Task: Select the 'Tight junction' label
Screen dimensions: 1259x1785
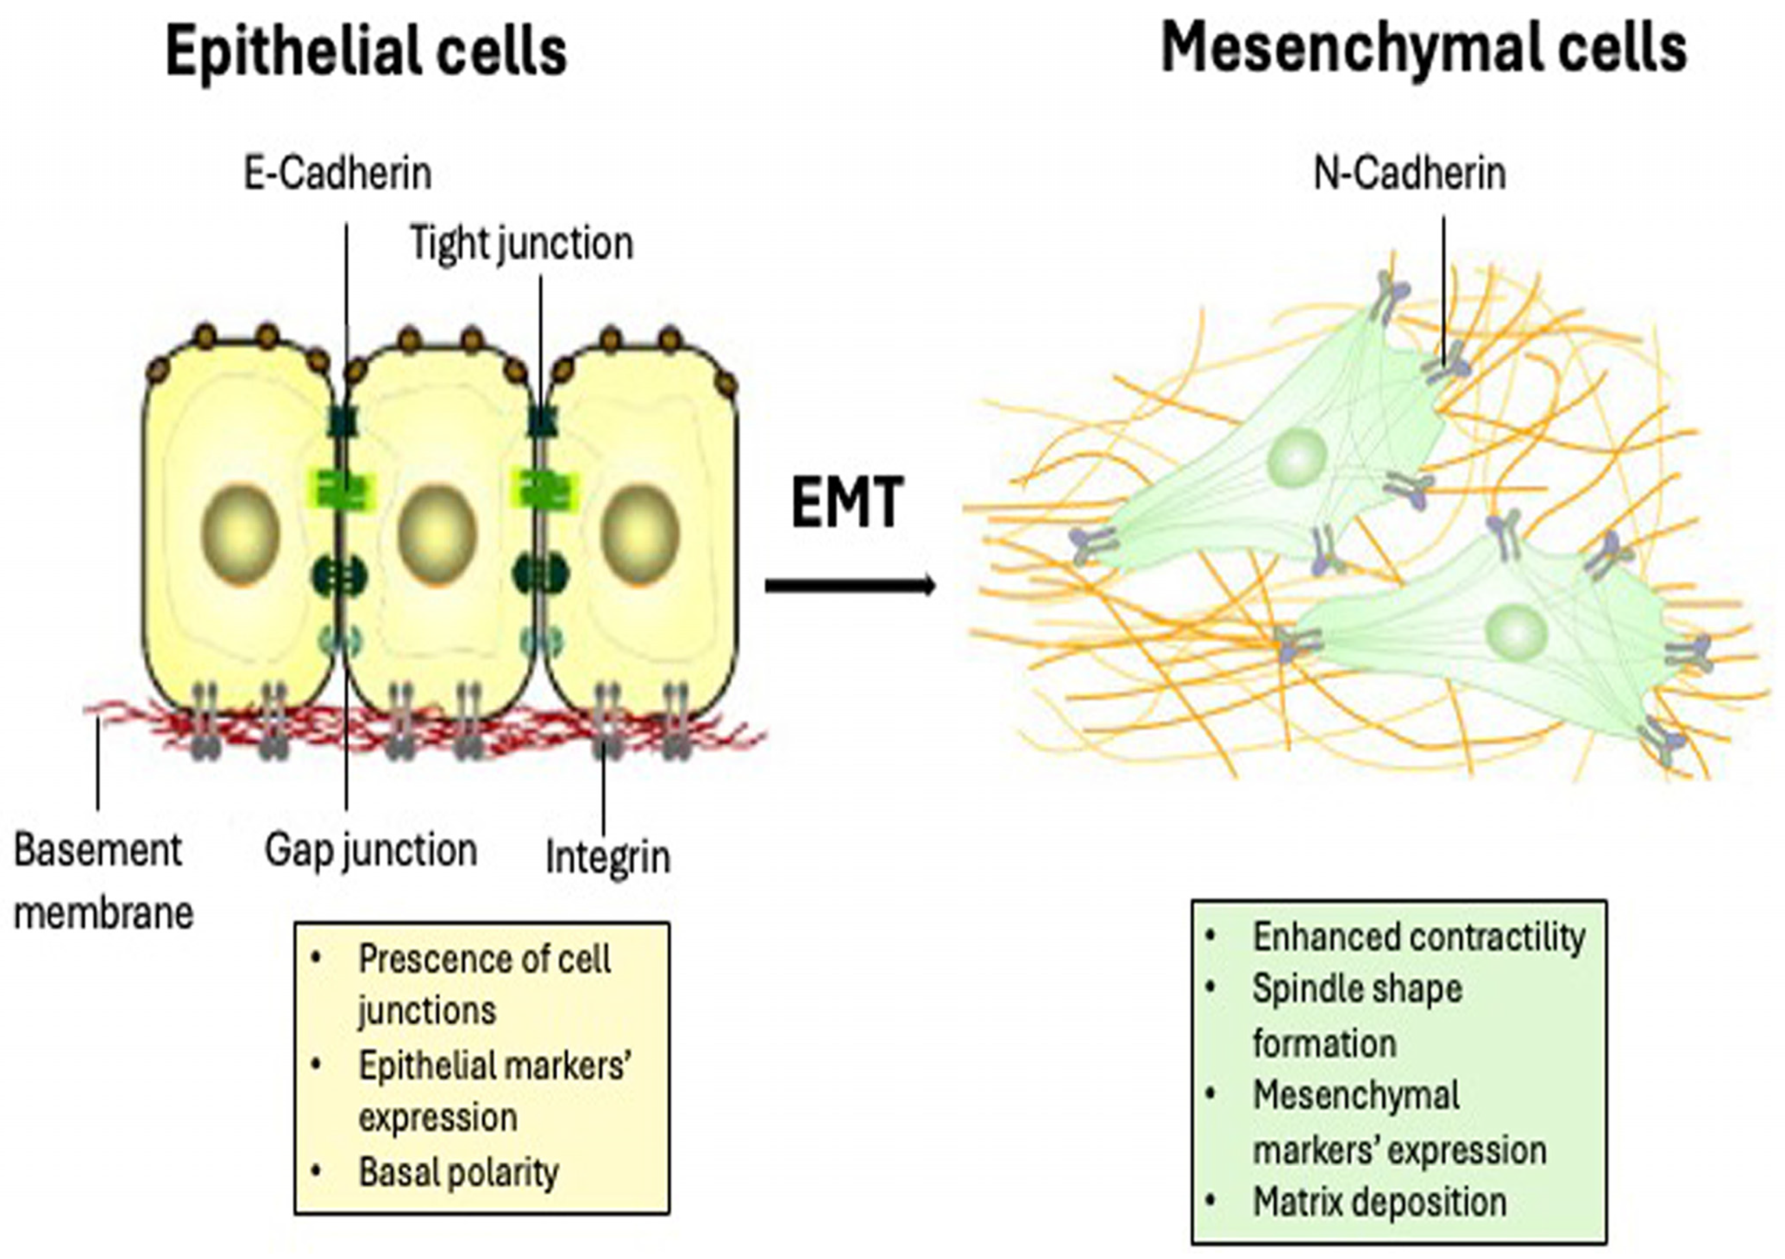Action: [521, 244]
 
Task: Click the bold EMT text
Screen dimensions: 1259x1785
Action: [847, 503]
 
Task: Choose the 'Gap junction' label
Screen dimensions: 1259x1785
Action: [371, 850]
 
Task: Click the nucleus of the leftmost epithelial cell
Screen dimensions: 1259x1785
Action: [240, 534]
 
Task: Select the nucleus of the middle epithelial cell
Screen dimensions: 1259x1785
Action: [437, 534]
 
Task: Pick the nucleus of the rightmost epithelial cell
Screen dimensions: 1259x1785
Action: [640, 534]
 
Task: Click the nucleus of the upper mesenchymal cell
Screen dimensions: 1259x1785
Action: [1296, 457]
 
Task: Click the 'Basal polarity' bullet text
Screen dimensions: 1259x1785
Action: [458, 1173]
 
